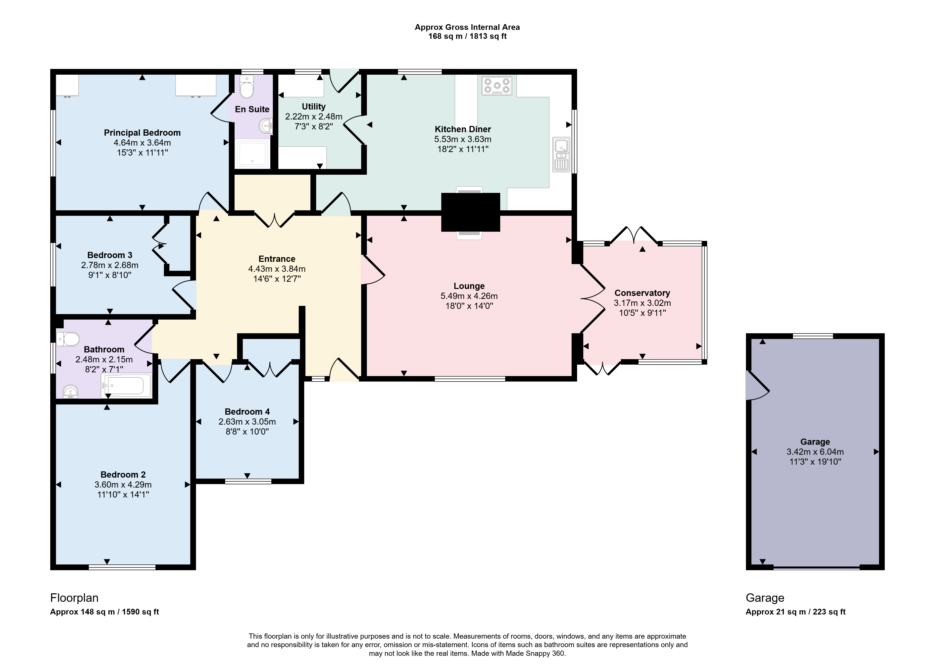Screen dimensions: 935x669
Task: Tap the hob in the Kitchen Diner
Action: [x=497, y=86]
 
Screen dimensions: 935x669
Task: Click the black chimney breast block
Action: [x=471, y=212]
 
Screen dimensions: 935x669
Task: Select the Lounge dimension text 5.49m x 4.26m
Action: [x=469, y=296]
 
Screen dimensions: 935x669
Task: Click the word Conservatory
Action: [x=642, y=293]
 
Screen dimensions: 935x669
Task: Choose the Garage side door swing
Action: [x=757, y=386]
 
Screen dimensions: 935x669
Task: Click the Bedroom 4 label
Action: [x=247, y=412]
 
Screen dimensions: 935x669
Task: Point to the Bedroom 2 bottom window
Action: [x=122, y=567]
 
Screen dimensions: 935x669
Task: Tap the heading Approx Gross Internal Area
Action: [x=467, y=27]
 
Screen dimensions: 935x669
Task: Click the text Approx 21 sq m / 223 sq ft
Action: [x=795, y=612]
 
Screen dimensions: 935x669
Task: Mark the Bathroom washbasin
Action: [x=71, y=392]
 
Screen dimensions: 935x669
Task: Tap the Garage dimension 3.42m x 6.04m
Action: [x=815, y=451]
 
